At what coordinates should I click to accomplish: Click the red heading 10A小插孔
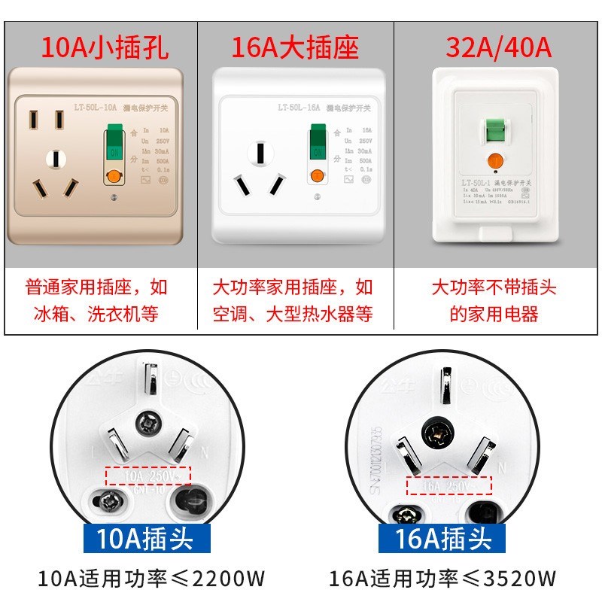pos(104,48)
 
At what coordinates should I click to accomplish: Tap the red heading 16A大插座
pos(295,48)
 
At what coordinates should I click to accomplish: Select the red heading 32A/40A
pos(499,48)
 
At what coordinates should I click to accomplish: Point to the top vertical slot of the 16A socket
pos(260,153)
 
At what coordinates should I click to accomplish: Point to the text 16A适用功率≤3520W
pos(442,579)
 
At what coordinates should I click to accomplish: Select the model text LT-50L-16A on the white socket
pos(299,108)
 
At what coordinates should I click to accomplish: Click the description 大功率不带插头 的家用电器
pos(494,300)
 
